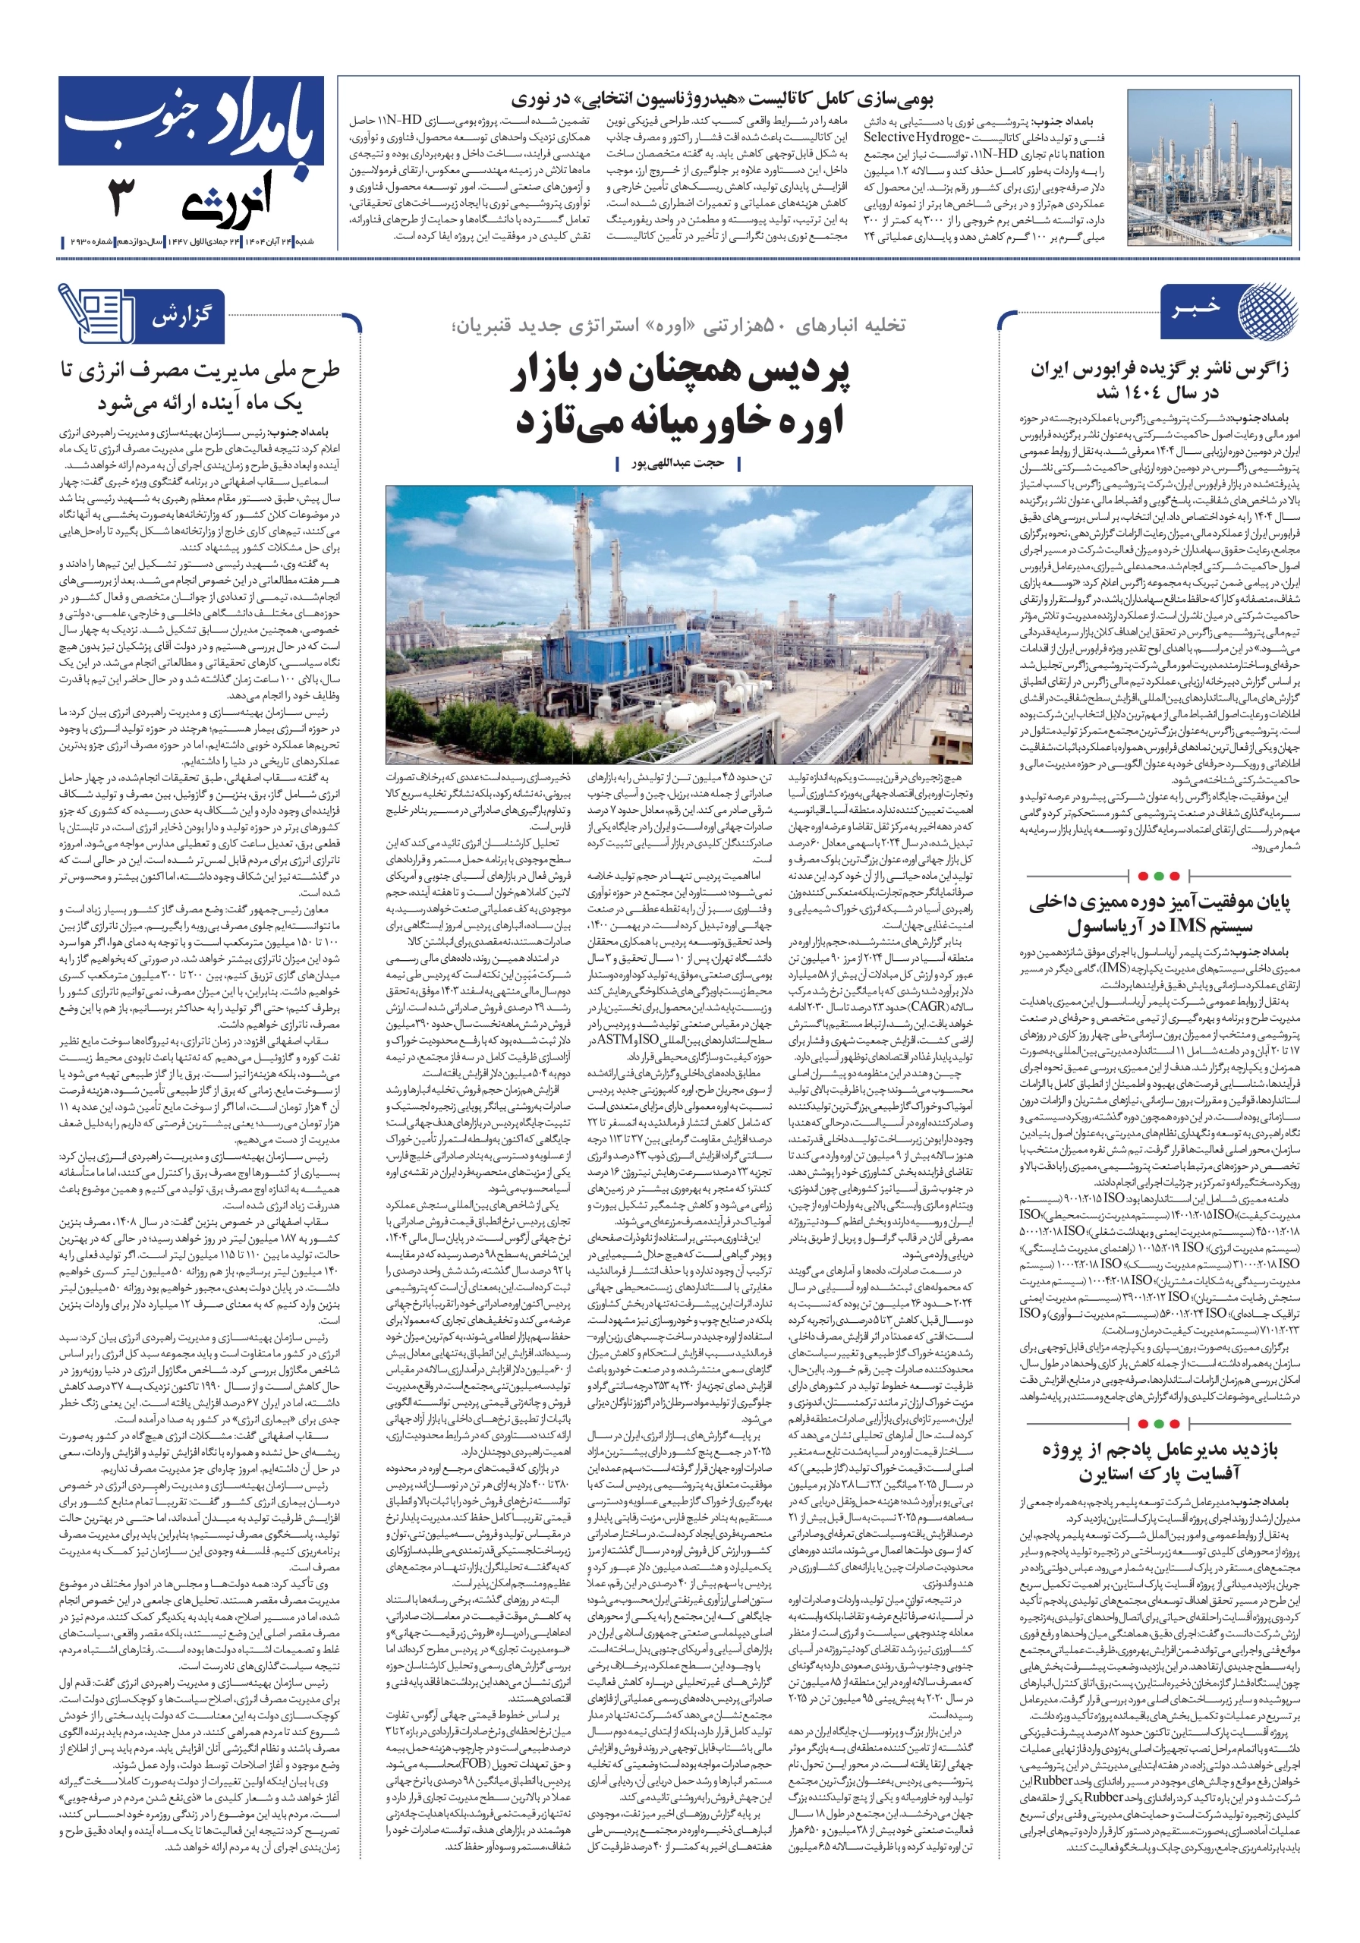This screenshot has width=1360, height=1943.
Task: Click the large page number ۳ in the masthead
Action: coord(122,199)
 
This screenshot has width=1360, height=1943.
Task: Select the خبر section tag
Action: coord(1196,308)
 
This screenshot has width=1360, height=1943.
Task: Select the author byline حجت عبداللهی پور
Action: coord(678,464)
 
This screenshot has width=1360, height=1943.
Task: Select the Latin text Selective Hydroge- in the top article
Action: coord(915,137)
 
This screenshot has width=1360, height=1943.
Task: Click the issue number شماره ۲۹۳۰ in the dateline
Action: coord(89,242)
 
